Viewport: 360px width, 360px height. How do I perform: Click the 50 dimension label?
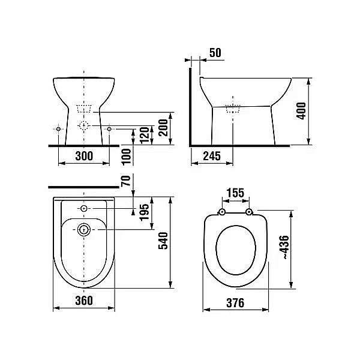click(x=215, y=53)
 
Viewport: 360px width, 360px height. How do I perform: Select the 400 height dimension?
click(x=301, y=111)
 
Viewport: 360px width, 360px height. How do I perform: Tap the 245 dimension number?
click(x=212, y=156)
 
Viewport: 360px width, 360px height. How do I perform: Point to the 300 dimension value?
click(x=84, y=156)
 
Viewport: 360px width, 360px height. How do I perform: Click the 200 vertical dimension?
click(x=163, y=128)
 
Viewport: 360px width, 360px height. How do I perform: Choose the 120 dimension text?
click(x=145, y=136)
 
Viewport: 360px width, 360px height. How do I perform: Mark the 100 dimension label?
click(x=126, y=157)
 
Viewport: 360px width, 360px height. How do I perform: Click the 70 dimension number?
click(x=126, y=181)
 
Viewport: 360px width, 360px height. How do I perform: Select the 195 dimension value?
click(x=145, y=212)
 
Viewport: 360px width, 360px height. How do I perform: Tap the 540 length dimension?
click(x=163, y=241)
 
